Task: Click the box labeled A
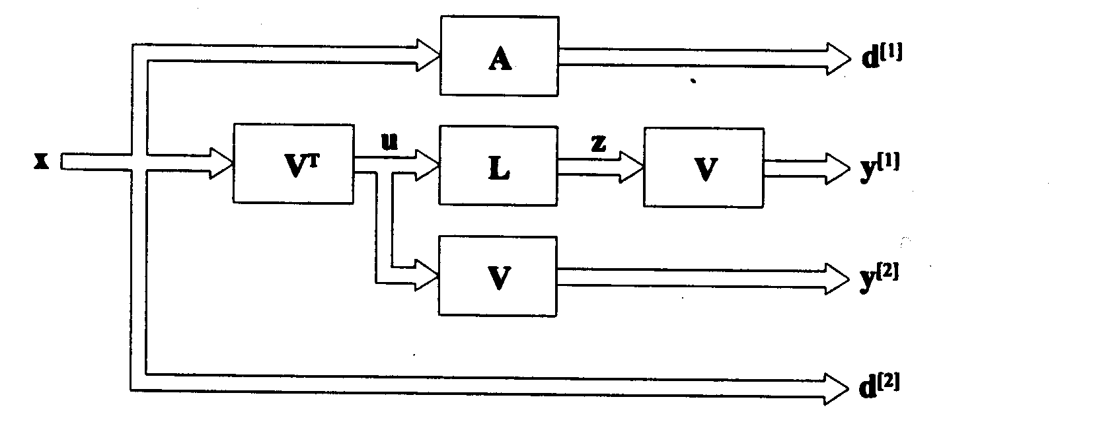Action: [x=499, y=57]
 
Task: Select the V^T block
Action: [x=293, y=162]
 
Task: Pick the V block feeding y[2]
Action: [x=499, y=276]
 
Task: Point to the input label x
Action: [x=42, y=161]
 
